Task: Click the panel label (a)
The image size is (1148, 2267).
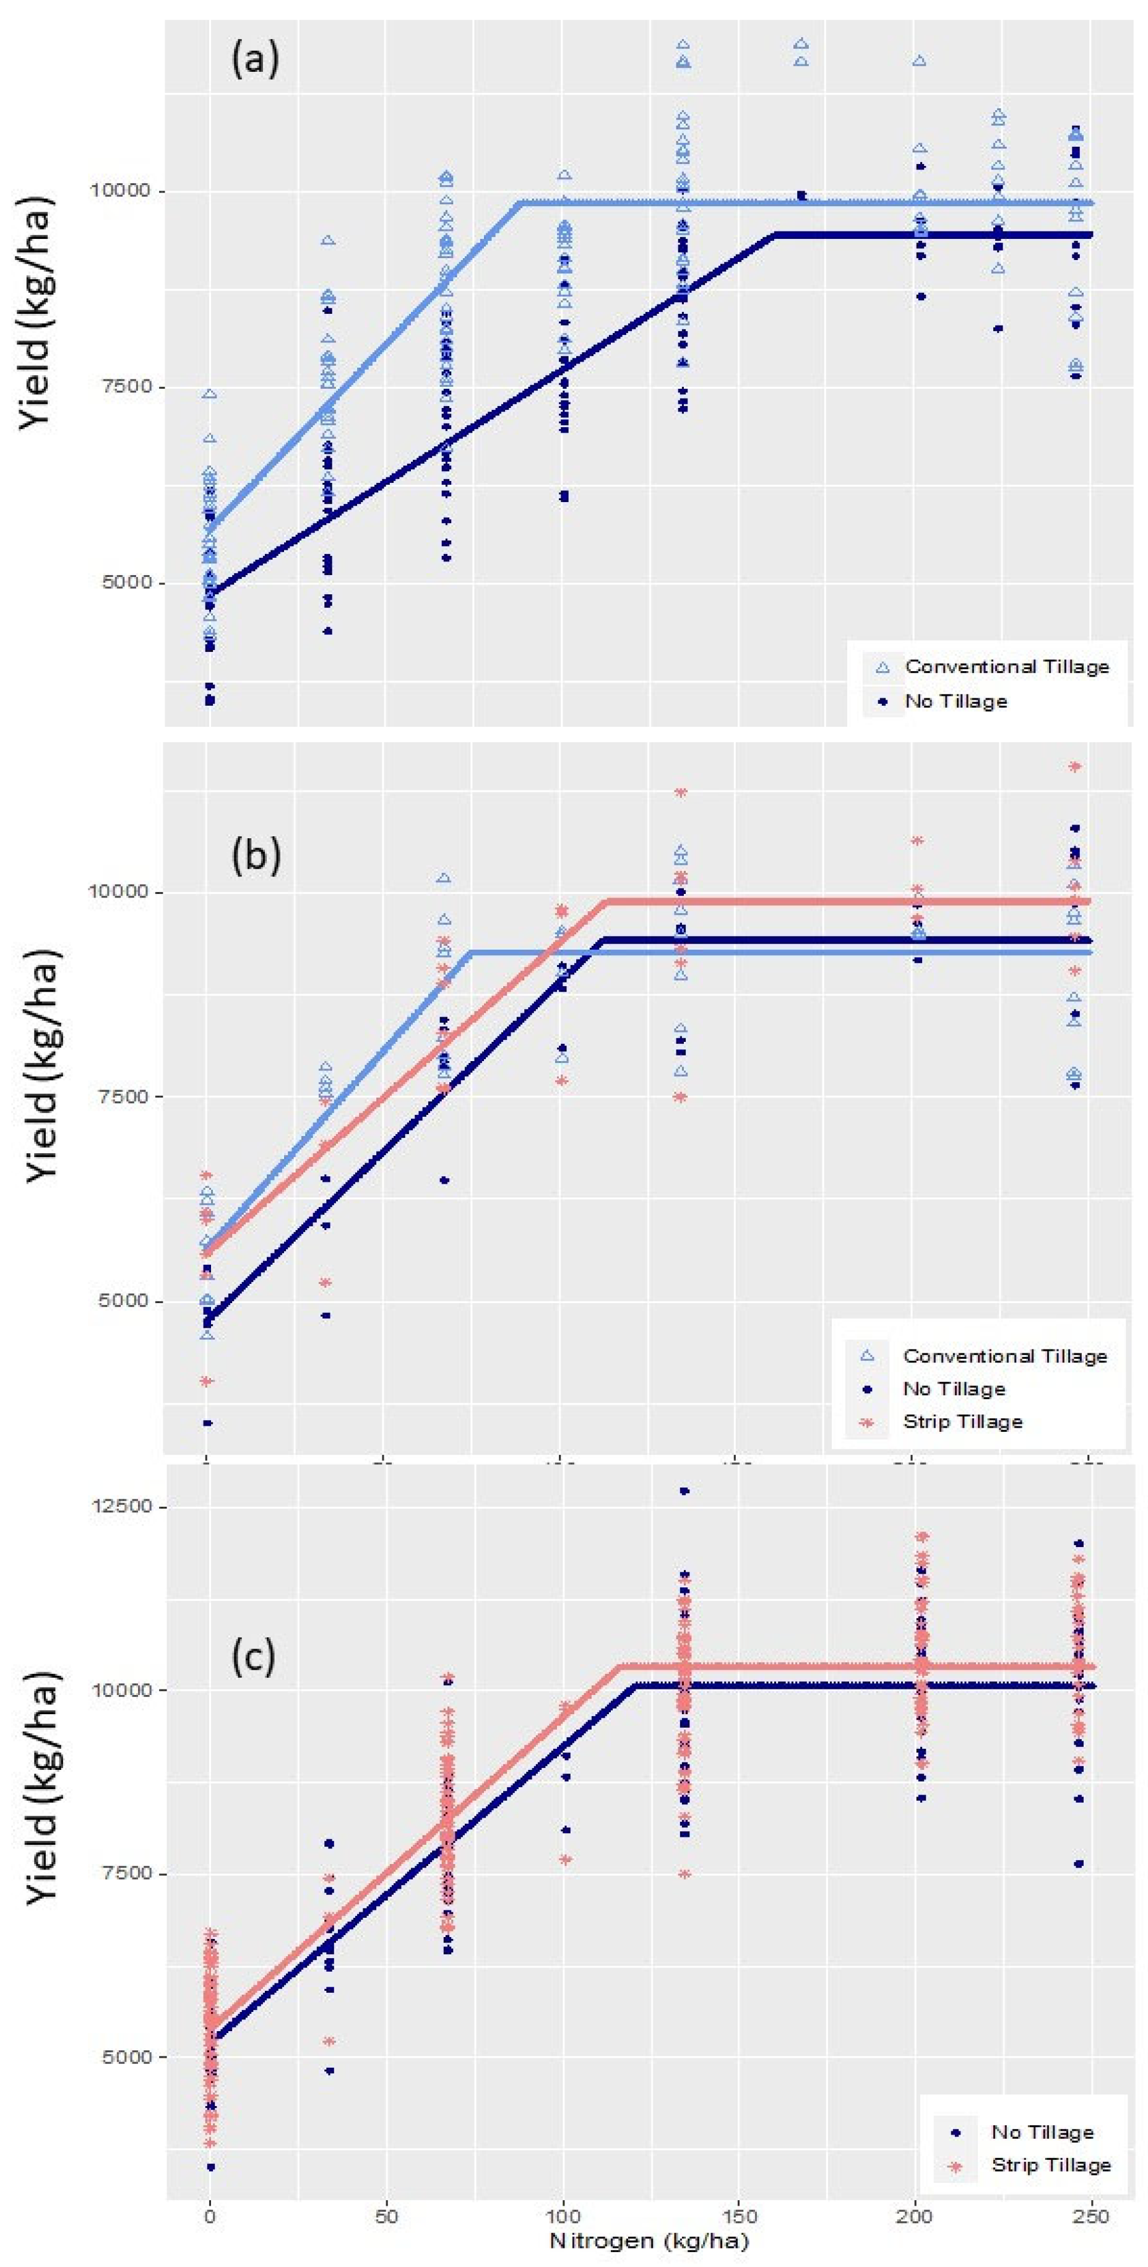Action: pos(254,60)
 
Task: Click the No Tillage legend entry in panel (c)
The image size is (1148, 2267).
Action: pos(1042,2131)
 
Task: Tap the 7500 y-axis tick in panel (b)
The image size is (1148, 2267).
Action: pos(123,1096)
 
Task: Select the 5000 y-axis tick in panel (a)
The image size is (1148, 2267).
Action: pos(123,583)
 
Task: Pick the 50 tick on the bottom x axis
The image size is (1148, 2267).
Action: pos(386,2213)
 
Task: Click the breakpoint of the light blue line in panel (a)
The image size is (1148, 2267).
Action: pos(521,203)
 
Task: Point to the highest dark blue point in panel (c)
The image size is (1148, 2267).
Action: pos(684,1491)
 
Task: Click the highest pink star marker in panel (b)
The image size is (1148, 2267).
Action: pos(1074,766)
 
